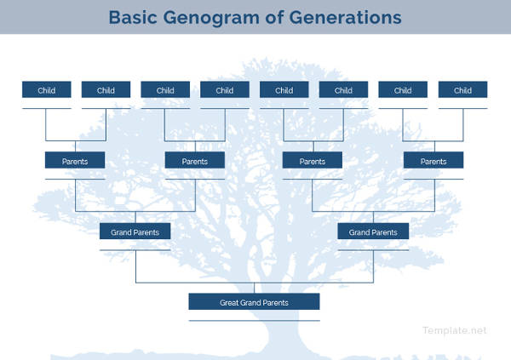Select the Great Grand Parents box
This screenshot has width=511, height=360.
tap(254, 302)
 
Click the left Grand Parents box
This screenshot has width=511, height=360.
tap(135, 231)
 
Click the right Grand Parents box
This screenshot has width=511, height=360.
tap(373, 231)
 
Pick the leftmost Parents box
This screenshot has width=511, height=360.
tap(75, 161)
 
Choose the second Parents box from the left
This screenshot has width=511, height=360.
tap(195, 161)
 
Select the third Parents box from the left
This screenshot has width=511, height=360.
tap(313, 161)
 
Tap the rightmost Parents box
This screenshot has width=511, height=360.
tap(433, 161)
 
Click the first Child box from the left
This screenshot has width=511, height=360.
tap(46, 90)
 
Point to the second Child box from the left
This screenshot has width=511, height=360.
tap(106, 90)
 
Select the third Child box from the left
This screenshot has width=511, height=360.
tap(165, 90)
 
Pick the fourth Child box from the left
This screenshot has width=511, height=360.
tap(225, 90)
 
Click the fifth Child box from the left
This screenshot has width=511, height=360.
tap(284, 90)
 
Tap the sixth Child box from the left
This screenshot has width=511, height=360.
tap(343, 90)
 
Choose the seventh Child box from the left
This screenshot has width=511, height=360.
tap(403, 90)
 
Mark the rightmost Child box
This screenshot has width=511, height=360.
tap(462, 90)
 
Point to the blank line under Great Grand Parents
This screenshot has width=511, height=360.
tap(254, 320)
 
